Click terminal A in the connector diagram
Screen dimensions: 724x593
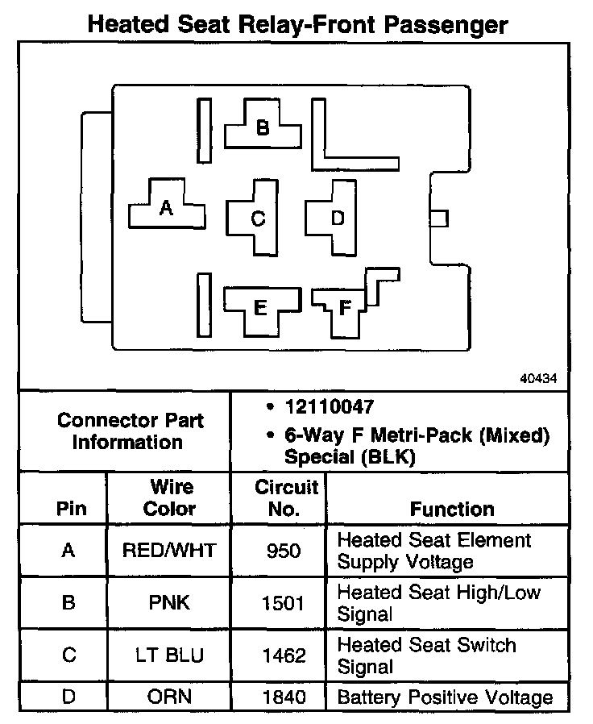click(x=167, y=209)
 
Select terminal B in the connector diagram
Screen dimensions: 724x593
click(x=263, y=128)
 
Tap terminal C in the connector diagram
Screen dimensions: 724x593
click(x=258, y=218)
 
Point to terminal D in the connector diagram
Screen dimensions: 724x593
click(x=337, y=218)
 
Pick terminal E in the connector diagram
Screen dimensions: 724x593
click(x=259, y=307)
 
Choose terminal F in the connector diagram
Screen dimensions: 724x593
click(x=345, y=308)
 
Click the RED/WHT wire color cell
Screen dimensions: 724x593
click(x=169, y=551)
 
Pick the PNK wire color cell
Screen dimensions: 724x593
click(x=169, y=603)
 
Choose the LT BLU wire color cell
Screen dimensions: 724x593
click(x=169, y=655)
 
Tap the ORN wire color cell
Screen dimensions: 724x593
click(x=169, y=697)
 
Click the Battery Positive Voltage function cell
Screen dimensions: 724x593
click(x=445, y=697)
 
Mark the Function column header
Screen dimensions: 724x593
click(x=452, y=509)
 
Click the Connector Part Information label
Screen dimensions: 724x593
click(x=130, y=431)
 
